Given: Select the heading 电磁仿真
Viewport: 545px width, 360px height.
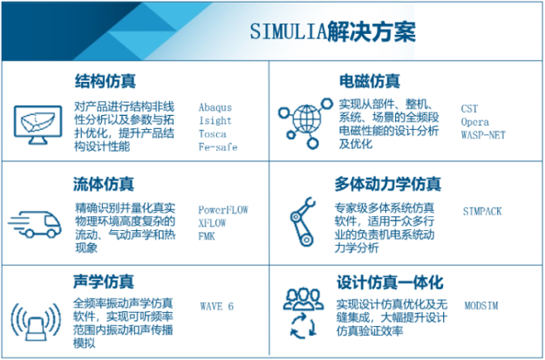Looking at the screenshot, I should point(369,82).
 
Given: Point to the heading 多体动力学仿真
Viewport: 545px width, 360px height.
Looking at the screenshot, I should point(388,184).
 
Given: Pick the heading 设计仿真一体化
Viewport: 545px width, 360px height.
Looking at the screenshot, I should point(389,282).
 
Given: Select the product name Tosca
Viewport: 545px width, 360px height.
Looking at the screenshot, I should point(213,134).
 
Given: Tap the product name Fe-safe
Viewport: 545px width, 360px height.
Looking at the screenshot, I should point(218,147).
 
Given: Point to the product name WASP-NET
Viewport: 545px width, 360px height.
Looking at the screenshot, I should point(483,134).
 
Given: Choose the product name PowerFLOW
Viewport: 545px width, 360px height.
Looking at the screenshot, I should point(224,210).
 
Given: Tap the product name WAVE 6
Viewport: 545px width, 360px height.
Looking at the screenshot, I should point(217,307).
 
